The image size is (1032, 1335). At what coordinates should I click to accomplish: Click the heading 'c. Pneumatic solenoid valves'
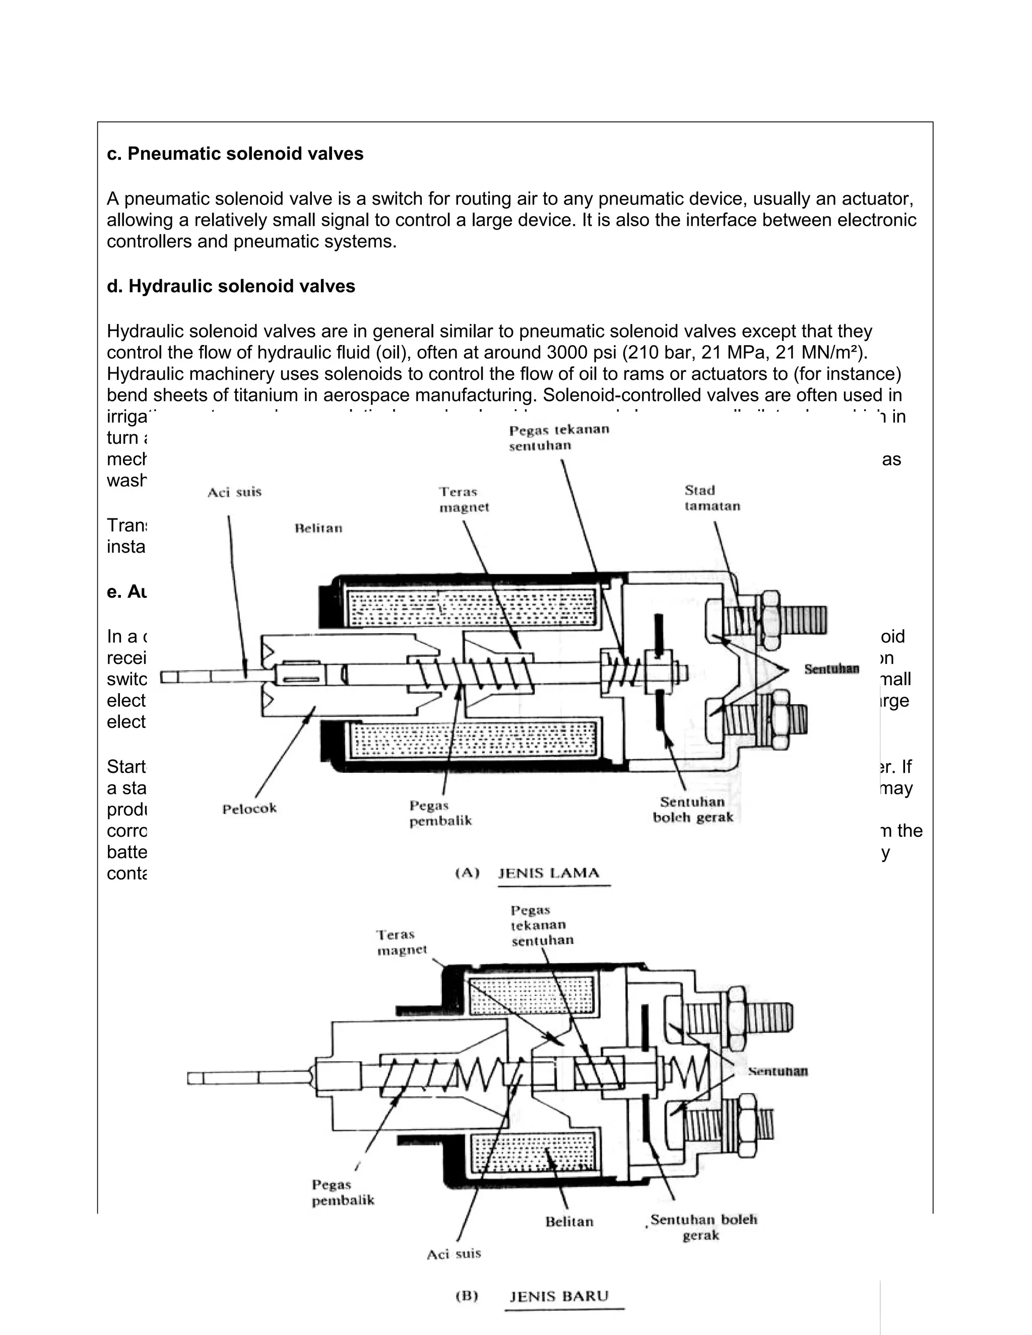tap(235, 154)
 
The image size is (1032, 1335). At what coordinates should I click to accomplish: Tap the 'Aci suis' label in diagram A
tap(234, 492)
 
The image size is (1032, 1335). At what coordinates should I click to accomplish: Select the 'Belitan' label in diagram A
tap(318, 528)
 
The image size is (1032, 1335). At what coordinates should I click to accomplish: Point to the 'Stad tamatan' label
tap(712, 498)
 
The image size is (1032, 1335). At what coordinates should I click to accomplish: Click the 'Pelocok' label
tap(249, 809)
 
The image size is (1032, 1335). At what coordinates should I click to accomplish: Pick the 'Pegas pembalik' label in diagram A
tap(440, 813)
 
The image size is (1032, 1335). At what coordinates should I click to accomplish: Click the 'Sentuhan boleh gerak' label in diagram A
tap(693, 810)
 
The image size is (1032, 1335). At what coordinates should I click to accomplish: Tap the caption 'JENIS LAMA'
tap(548, 873)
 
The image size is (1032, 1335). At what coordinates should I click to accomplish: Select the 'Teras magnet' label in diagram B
tap(401, 942)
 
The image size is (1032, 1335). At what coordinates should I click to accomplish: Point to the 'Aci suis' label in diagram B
tap(454, 1254)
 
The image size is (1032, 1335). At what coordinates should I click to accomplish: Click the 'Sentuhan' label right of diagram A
tap(831, 669)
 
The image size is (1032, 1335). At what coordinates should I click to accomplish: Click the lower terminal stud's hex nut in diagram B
tap(747, 1123)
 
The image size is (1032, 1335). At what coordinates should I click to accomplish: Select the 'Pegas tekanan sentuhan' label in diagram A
tap(559, 437)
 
